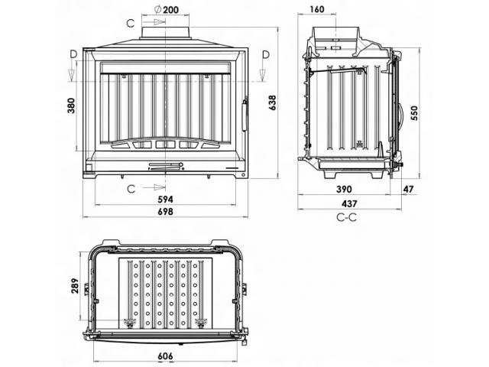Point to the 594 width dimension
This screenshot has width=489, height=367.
pos(166,200)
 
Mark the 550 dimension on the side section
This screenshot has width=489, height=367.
pos(414,113)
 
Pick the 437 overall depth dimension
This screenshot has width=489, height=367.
pos(348,204)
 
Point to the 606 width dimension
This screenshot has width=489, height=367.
pos(167,357)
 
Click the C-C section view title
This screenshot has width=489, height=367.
pos(345,217)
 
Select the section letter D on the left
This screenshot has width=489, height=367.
pos(72,54)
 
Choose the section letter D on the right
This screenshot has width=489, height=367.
pos(264,54)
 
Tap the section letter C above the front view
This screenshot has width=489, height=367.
pos(130,23)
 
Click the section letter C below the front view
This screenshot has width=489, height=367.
pos(130,187)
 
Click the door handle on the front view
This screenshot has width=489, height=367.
pos(244,115)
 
